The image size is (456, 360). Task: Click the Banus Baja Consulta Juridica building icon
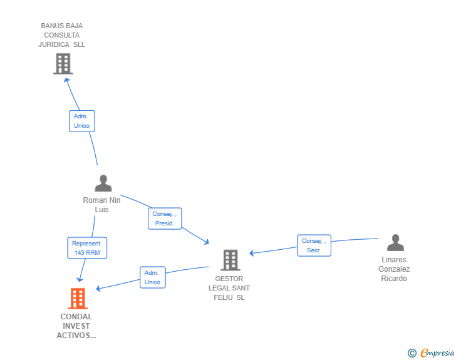pyautogui.click(x=63, y=64)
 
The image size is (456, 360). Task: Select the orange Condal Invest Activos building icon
pyautogui.click(x=78, y=299)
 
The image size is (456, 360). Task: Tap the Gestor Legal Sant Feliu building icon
pyautogui.click(x=230, y=260)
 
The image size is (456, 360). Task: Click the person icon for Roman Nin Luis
pyautogui.click(x=103, y=183)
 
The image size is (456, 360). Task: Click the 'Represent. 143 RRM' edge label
pyautogui.click(x=88, y=248)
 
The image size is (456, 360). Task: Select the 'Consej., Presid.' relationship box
pyautogui.click(x=165, y=219)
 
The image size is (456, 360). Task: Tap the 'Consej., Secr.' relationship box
pyautogui.click(x=314, y=245)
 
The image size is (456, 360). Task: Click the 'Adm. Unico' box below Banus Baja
pyautogui.click(x=81, y=121)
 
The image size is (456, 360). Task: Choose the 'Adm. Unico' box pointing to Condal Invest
pyautogui.click(x=152, y=277)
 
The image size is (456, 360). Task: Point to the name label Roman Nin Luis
pyautogui.click(x=101, y=205)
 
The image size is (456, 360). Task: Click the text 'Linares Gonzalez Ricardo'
pyautogui.click(x=394, y=269)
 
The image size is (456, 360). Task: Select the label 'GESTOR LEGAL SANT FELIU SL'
pyautogui.click(x=229, y=288)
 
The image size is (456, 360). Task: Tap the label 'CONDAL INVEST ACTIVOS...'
pyautogui.click(x=76, y=326)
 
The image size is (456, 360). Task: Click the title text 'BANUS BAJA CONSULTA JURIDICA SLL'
pyautogui.click(x=61, y=36)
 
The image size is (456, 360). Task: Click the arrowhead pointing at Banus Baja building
pyautogui.click(x=68, y=80)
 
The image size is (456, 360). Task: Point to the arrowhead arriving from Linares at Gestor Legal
pyautogui.click(x=252, y=253)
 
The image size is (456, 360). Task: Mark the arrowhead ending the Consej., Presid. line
pyautogui.click(x=207, y=242)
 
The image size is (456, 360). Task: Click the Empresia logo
pyautogui.click(x=437, y=353)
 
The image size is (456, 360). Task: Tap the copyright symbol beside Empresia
pyautogui.click(x=412, y=353)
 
